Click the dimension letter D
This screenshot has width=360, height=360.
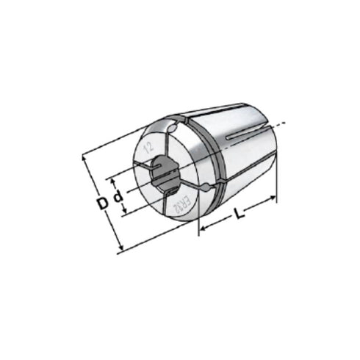click(x=101, y=199)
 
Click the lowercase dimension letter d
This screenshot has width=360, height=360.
click(x=116, y=199)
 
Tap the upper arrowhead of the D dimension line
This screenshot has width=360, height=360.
click(x=85, y=156)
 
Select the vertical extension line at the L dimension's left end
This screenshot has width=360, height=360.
click(x=200, y=220)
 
